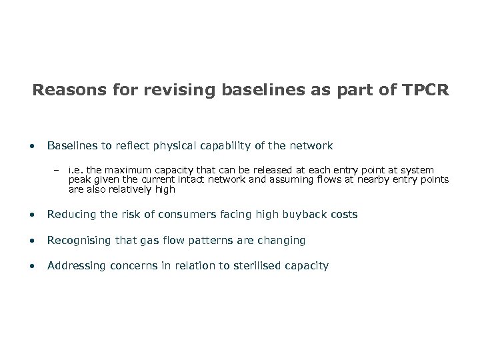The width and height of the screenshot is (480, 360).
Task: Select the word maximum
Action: pos(131,171)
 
